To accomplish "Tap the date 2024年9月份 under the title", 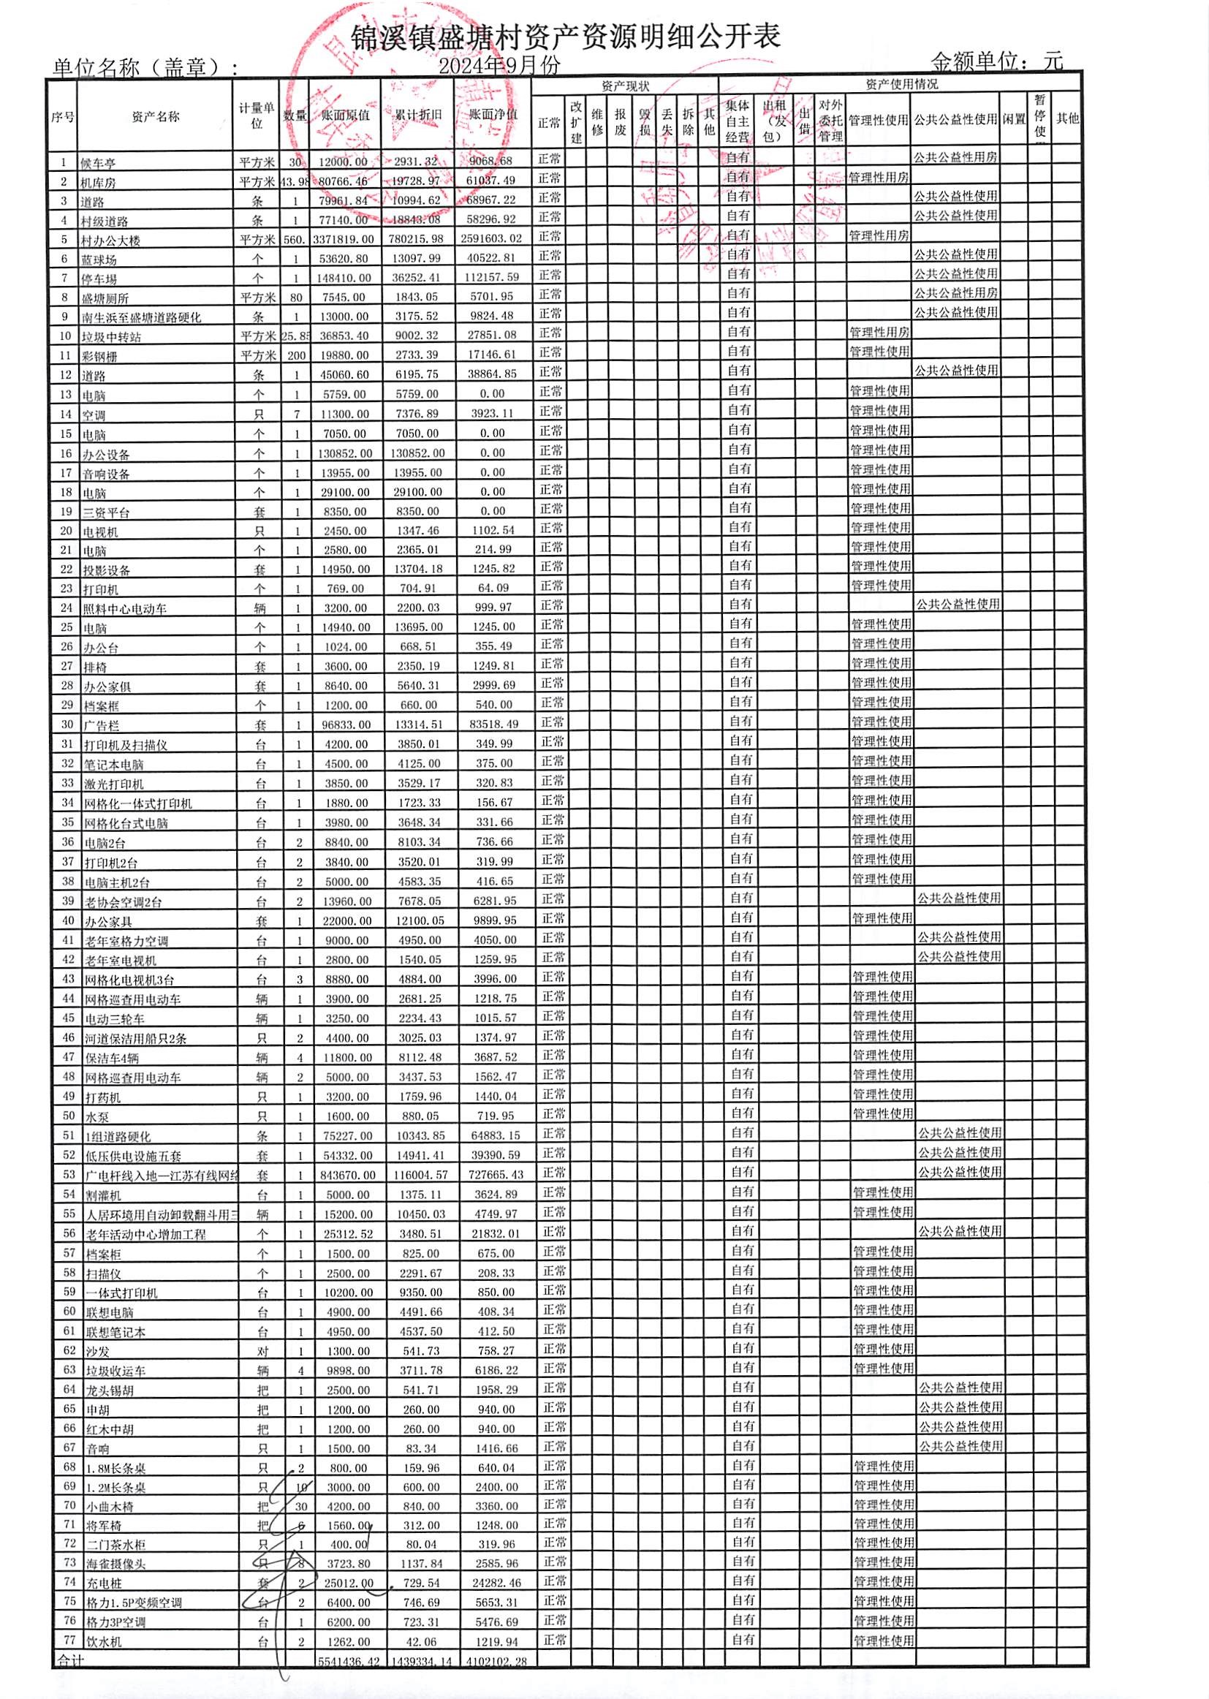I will pyautogui.click(x=499, y=66).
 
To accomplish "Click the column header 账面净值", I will pyautogui.click(x=493, y=116).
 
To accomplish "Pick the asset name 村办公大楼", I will pyautogui.click(x=111, y=241).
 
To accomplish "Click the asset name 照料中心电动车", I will pyautogui.click(x=125, y=609).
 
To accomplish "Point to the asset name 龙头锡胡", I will pyautogui.click(x=110, y=1390).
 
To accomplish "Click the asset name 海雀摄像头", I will pyautogui.click(x=115, y=1564).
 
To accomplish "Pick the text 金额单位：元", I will pyautogui.click(x=996, y=61).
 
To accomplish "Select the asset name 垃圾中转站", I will pyautogui.click(x=111, y=337).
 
